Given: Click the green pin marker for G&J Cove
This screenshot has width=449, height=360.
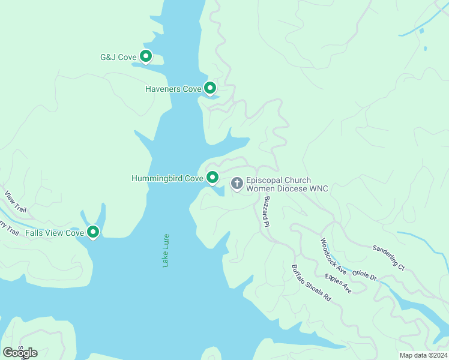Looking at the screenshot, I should click(x=145, y=56).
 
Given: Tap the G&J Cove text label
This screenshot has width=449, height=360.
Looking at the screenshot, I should click(x=118, y=58).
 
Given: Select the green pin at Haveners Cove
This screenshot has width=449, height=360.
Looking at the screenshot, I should click(x=209, y=88).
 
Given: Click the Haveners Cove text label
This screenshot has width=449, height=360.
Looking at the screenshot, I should click(x=173, y=89).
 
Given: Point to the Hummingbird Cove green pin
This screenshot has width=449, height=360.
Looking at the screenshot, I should click(x=212, y=177).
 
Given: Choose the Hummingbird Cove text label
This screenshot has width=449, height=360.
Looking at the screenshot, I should click(x=167, y=178).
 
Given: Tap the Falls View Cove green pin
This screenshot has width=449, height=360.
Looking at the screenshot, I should click(x=92, y=232).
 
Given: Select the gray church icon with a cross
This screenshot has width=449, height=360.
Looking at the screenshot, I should click(x=237, y=183).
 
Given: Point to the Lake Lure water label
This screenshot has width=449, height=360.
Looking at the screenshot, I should click(x=166, y=250).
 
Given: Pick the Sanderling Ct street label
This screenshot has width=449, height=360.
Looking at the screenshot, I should click(x=388, y=257).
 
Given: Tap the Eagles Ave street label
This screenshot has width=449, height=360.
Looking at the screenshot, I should click(x=338, y=283).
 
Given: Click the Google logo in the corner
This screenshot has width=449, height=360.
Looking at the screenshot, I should click(x=20, y=352).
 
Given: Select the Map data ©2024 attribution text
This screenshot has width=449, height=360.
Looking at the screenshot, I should click(x=423, y=355).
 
